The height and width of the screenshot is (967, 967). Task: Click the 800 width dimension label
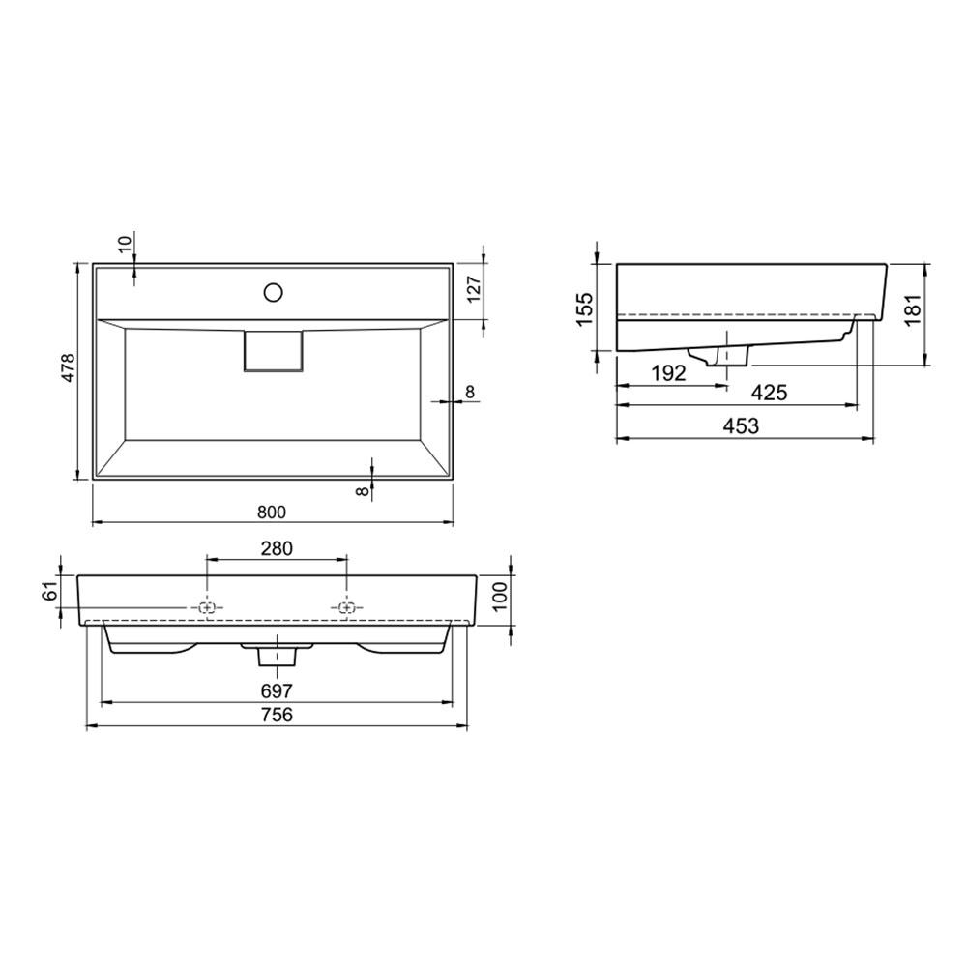(272, 512)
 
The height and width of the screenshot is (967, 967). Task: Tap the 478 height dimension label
(68, 367)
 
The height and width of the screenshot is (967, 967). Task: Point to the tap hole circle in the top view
(273, 292)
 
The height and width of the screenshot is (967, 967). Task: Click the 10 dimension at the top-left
(125, 244)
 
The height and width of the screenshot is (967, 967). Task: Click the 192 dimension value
(668, 372)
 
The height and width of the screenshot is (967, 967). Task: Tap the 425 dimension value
(769, 393)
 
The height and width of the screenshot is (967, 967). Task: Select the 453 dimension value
(741, 425)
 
